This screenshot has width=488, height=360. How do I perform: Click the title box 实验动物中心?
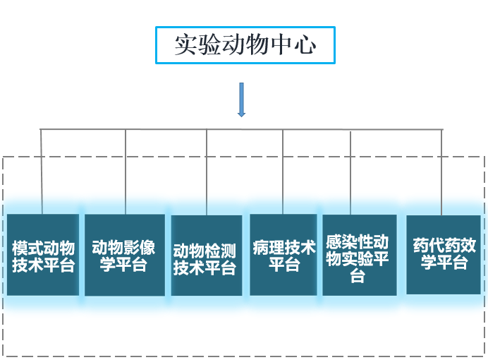point(245,45)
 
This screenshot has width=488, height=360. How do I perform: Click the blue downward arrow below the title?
point(242,100)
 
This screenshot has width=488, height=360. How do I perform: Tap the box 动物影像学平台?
point(125,255)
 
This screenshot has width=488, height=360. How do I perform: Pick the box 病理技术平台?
point(283,255)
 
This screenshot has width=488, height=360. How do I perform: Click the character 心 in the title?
point(305,45)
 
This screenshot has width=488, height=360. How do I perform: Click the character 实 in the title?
point(185,45)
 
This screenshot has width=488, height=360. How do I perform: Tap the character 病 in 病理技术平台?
point(260,248)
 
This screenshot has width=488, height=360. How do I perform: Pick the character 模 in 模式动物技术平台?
point(20,248)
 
